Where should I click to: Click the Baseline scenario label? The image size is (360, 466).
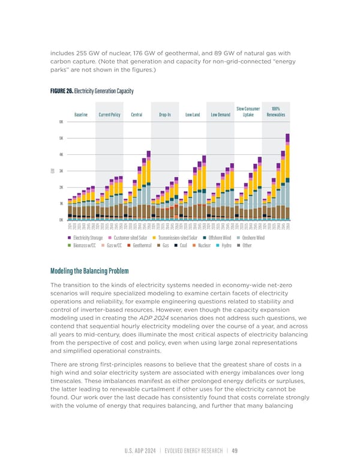pyautogui.click(x=81, y=115)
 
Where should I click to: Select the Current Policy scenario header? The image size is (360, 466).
pyautogui.click(x=110, y=115)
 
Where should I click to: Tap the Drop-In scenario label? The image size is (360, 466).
pyautogui.click(x=165, y=115)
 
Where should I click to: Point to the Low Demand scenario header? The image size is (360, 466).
pyautogui.click(x=221, y=115)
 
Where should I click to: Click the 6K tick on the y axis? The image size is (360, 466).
pyautogui.click(x=61, y=121)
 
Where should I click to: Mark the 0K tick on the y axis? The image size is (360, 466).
pyautogui.click(x=61, y=220)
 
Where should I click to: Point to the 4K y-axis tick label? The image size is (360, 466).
pyautogui.click(x=61, y=154)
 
